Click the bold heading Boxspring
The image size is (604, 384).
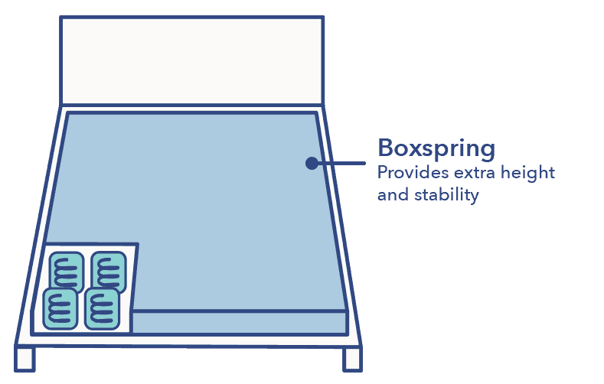[x=436, y=148]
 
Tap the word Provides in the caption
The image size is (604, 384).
[x=413, y=172]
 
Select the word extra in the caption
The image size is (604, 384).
[x=475, y=173]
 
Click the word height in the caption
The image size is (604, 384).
[x=527, y=173]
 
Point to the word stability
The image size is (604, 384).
[x=446, y=195]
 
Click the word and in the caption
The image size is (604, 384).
[x=393, y=195]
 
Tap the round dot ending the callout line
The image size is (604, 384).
[x=312, y=163]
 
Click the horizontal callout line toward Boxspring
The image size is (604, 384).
[x=342, y=163]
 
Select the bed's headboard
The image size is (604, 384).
[x=192, y=60]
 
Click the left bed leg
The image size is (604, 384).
[x=24, y=358]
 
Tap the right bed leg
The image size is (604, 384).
[x=352, y=358]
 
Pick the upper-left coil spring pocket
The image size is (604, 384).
[x=67, y=271]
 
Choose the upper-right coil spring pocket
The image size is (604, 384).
[x=109, y=271]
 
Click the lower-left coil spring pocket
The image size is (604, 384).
[x=60, y=309]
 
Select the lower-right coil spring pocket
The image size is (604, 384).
[x=102, y=309]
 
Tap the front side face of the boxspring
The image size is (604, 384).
[x=240, y=323]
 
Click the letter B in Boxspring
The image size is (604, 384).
[x=387, y=148]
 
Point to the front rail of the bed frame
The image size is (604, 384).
[x=188, y=340]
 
